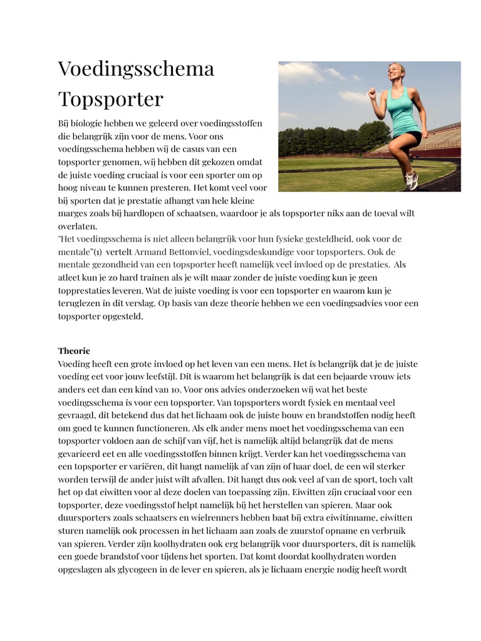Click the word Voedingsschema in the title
(x=136, y=69)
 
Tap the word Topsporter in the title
(x=110, y=99)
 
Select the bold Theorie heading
(x=74, y=351)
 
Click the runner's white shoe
(x=411, y=180)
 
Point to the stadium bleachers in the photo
(x=442, y=140)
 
